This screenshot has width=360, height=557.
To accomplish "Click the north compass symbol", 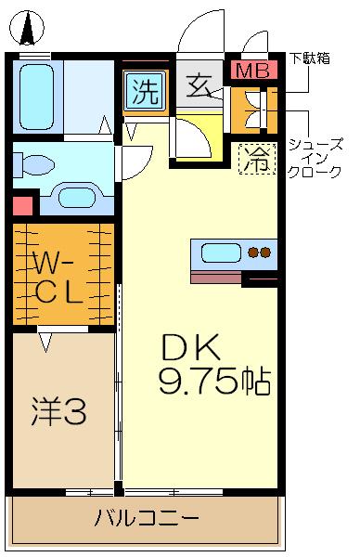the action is point(27,29).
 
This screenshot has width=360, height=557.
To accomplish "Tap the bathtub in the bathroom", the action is point(36,97).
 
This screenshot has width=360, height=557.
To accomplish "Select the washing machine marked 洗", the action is point(146,91).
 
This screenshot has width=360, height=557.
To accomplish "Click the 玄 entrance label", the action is point(199,86).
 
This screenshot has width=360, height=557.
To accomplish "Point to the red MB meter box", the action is point(253,71).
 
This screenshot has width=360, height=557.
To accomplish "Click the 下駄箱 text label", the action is point(309,58).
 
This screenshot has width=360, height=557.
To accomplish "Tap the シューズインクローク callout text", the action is point(315,158).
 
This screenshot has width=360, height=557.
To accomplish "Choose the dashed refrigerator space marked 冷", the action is point(257,159).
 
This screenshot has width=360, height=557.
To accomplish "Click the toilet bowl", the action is point(34,165).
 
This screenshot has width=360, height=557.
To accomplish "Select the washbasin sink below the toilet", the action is point(77,196).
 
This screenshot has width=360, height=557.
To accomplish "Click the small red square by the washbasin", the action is point(22,206).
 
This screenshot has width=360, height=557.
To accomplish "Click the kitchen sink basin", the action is point(221,253).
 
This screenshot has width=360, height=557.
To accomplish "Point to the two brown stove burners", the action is point(259,253).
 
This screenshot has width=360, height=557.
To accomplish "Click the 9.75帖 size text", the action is point(214,380).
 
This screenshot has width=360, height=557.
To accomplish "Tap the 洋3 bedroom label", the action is point(58,411).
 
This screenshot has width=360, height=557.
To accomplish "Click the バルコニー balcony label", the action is point(147,518).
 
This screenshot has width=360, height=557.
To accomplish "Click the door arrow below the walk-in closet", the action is point(45,342).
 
